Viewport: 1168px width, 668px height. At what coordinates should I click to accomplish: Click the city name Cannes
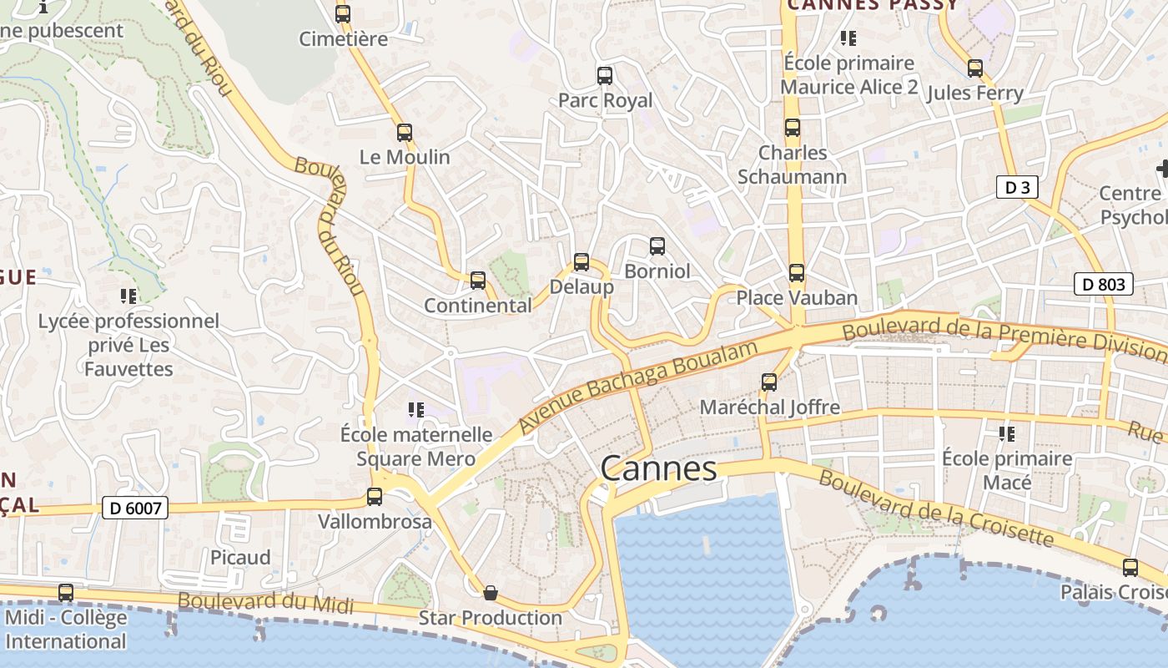click(658, 468)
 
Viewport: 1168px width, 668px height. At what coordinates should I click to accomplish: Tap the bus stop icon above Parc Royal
click(605, 76)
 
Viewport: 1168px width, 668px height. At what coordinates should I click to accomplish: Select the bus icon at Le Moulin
click(405, 132)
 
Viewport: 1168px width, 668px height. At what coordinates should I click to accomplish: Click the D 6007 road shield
click(135, 507)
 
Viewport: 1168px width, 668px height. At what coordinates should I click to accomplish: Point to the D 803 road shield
click(1103, 284)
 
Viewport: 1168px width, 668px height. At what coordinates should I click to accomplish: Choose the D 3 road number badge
click(1017, 187)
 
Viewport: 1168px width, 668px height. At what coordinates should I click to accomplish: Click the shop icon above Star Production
click(491, 593)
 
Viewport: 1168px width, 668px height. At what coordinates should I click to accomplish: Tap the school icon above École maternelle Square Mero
click(415, 409)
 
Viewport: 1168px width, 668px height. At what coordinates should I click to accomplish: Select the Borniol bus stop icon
click(657, 246)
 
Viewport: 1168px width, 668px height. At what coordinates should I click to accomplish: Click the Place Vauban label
click(797, 298)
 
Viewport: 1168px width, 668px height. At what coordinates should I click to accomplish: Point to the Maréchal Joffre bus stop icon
click(769, 382)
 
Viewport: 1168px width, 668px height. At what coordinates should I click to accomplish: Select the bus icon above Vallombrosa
click(375, 497)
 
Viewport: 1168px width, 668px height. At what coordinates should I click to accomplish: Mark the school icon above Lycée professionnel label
click(128, 296)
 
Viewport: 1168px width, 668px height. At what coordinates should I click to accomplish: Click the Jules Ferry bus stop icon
click(975, 68)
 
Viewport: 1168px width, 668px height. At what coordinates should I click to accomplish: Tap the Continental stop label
click(477, 306)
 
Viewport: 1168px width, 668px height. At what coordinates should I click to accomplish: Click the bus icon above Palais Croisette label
click(1130, 568)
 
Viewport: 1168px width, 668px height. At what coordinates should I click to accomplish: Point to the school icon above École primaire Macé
click(1007, 433)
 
